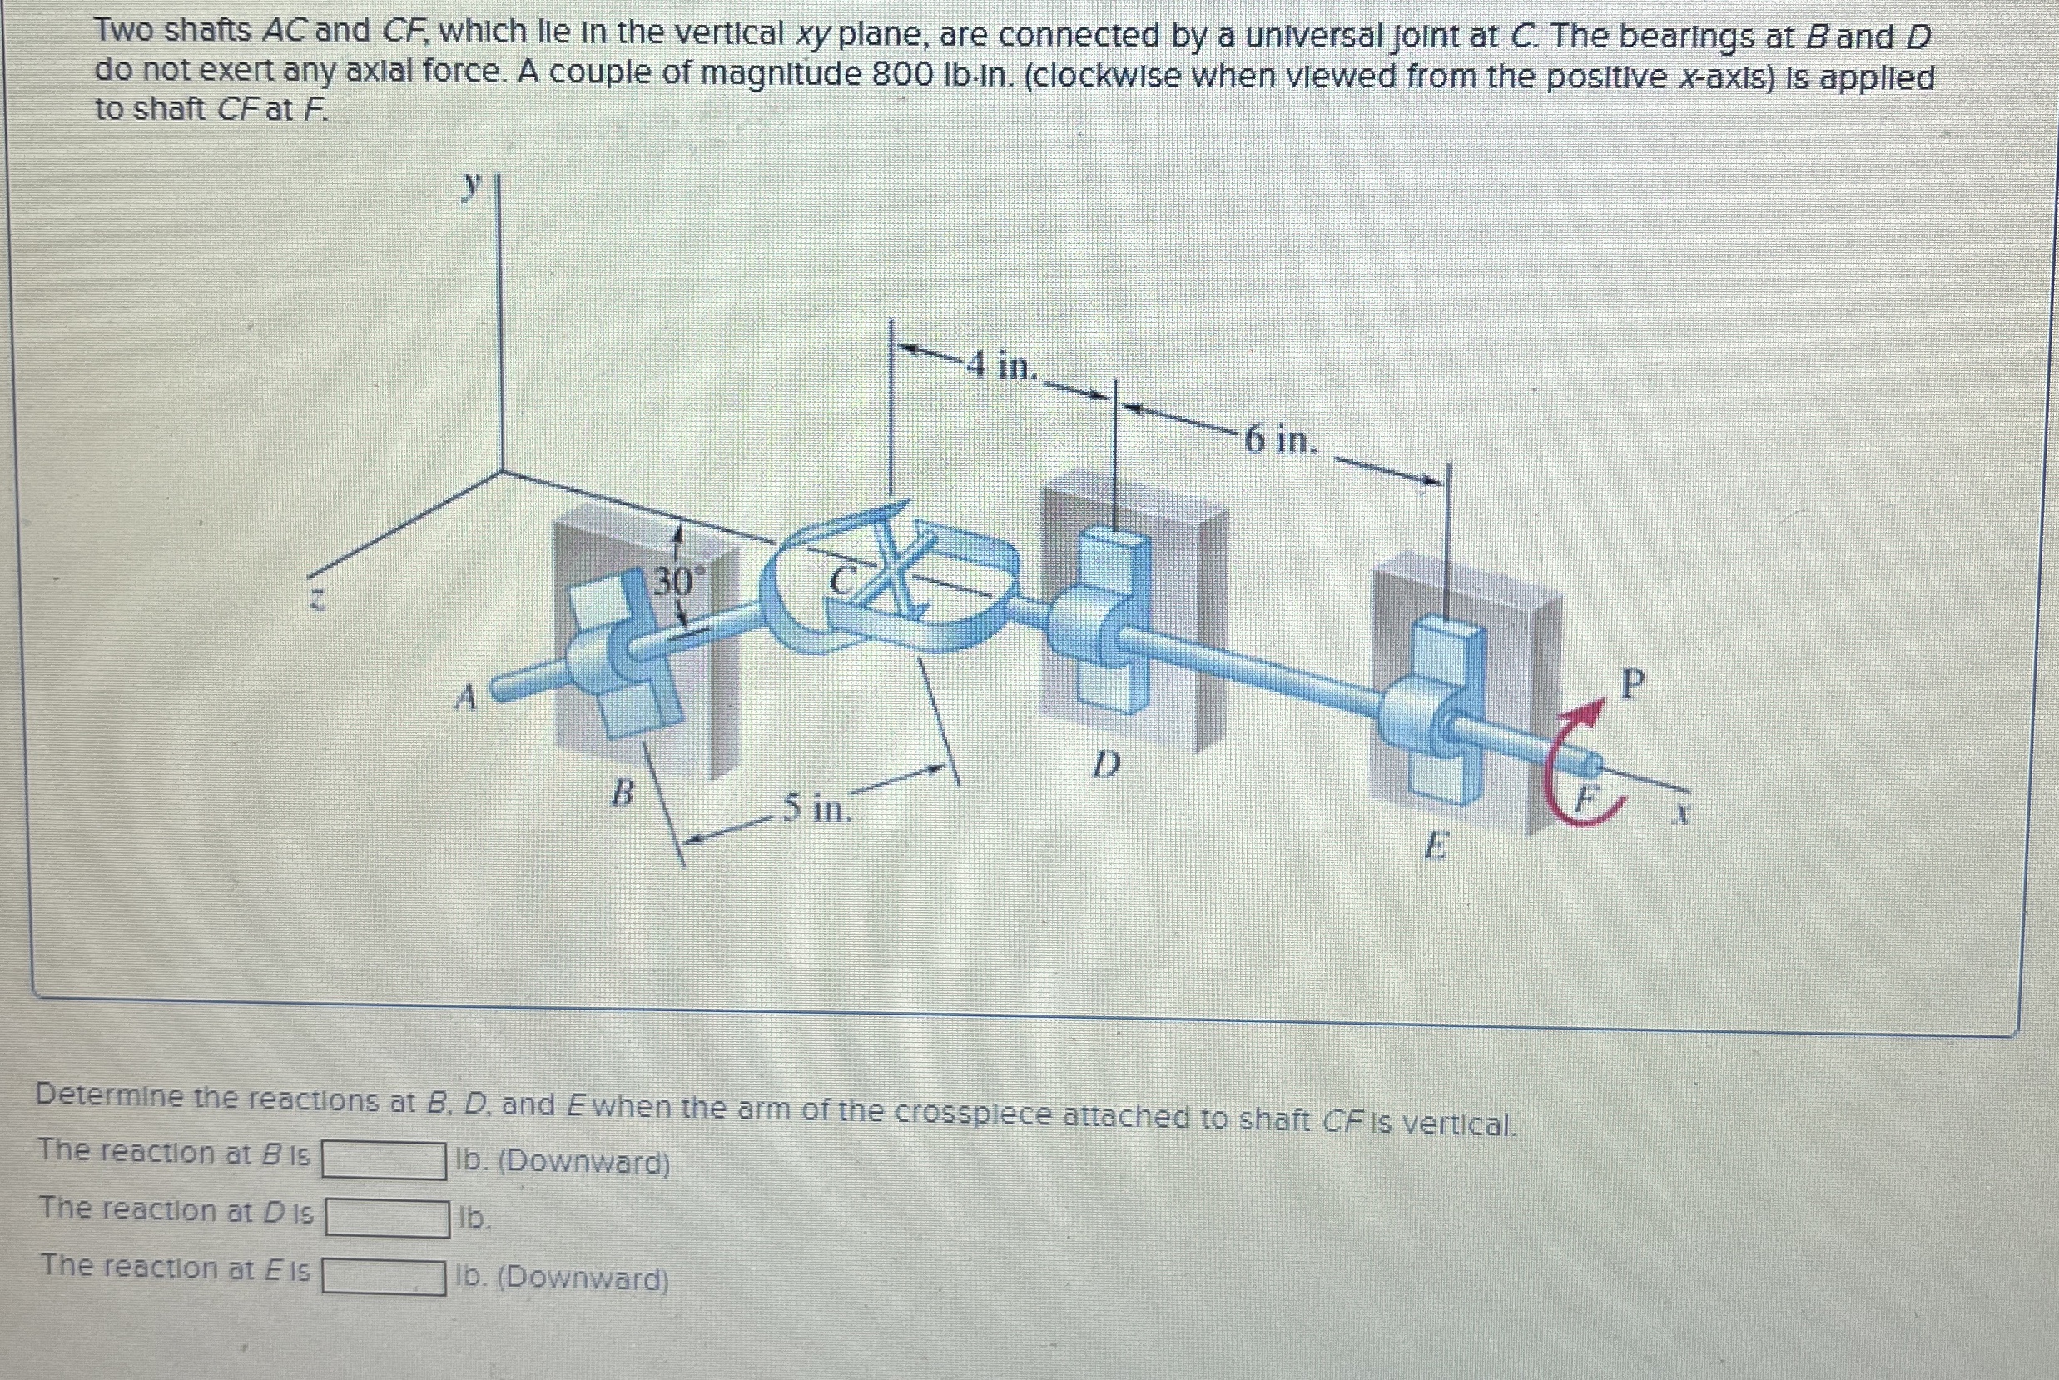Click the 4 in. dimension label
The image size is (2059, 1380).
point(1002,365)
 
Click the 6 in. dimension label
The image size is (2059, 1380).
point(1280,439)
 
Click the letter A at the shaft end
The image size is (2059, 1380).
point(465,699)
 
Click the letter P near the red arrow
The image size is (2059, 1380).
point(1631,683)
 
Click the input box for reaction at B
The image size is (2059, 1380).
point(384,1159)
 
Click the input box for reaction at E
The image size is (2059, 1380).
point(384,1276)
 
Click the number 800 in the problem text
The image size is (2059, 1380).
point(902,76)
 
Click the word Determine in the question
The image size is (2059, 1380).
point(110,1097)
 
